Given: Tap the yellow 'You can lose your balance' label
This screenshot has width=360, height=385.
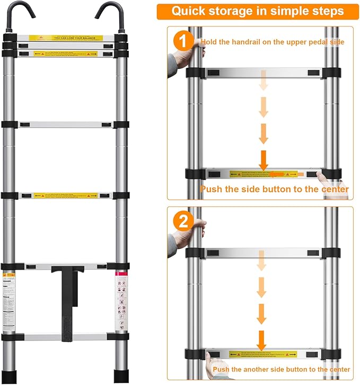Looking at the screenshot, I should click(66, 38).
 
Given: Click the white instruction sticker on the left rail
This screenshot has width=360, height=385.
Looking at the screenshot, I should click(11, 301).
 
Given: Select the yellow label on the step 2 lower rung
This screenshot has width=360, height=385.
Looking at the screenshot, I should click(263, 353).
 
